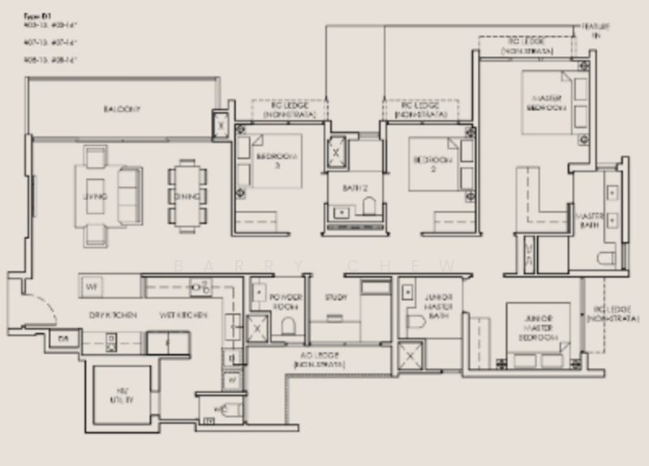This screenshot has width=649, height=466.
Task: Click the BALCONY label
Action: pyautogui.click(x=122, y=109)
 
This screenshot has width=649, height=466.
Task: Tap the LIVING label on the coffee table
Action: pyautogui.click(x=95, y=196)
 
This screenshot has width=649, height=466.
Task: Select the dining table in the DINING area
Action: pyautogui.click(x=187, y=195)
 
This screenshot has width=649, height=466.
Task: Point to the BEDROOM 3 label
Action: pyautogui.click(x=277, y=160)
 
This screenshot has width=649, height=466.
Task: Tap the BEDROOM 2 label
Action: pyautogui.click(x=429, y=160)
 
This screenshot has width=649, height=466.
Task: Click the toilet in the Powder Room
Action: pyautogui.click(x=288, y=326)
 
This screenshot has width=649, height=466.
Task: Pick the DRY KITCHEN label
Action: pyautogui.click(x=113, y=314)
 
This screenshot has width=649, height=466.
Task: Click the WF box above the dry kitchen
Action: pyautogui.click(x=92, y=286)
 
